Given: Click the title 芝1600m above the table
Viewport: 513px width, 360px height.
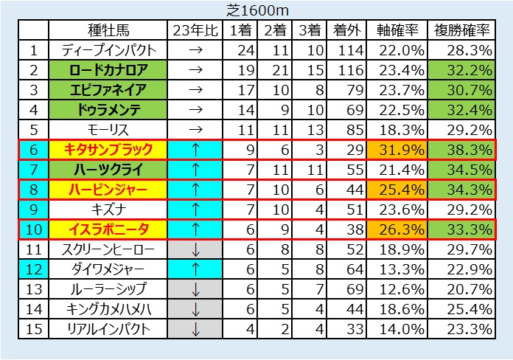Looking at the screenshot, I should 256,10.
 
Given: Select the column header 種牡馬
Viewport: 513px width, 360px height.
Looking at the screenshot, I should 108,31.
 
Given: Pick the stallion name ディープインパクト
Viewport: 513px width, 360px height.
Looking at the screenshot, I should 108,51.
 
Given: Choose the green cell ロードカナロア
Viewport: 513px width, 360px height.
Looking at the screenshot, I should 108,71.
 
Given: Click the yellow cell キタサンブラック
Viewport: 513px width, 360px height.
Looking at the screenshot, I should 108,150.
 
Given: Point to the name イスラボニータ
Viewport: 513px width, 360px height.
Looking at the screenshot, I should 108,229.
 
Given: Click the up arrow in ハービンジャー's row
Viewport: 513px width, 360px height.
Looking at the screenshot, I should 195,190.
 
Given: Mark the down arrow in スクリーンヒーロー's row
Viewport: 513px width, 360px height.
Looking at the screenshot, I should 195,249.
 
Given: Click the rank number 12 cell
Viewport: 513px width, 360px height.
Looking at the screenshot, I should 33,269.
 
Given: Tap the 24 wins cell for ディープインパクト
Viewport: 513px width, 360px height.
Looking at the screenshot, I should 242,51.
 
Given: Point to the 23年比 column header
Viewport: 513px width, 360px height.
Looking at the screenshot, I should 195,31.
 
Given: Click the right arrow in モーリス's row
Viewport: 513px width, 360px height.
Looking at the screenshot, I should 195,131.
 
